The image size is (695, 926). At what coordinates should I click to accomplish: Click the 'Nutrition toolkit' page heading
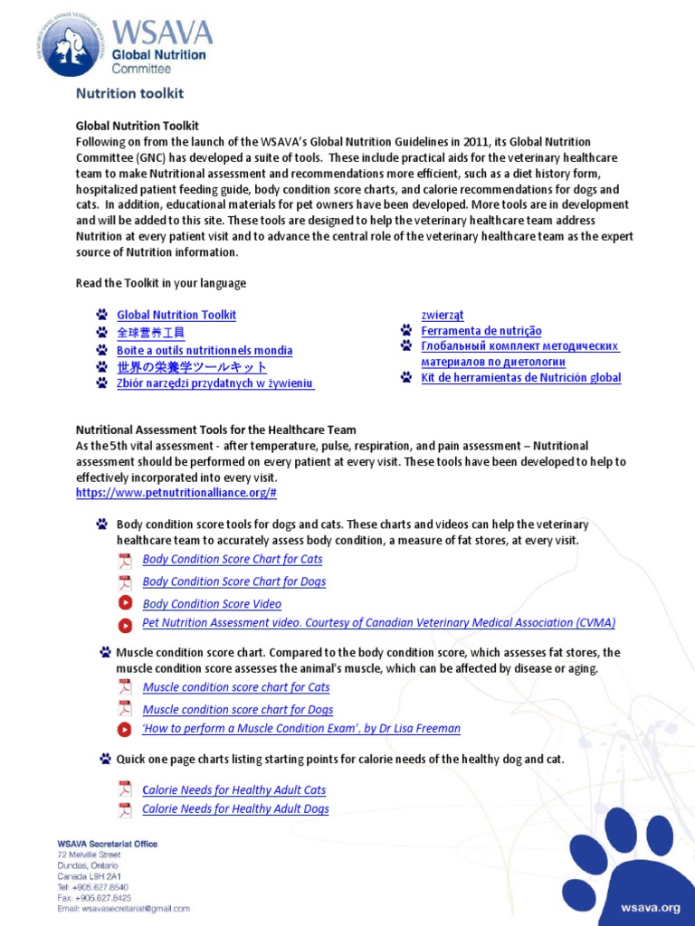(x=129, y=93)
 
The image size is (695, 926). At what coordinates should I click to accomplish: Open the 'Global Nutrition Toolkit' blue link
(x=176, y=315)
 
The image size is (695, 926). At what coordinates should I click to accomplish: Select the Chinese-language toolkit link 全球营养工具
(x=150, y=333)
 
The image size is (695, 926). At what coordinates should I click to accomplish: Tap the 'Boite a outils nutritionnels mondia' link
(x=205, y=350)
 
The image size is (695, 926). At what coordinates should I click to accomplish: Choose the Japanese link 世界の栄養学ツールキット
(x=192, y=367)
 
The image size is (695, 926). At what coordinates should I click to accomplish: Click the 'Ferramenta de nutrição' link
(x=481, y=331)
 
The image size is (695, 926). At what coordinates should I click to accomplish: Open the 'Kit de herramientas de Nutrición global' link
(x=521, y=377)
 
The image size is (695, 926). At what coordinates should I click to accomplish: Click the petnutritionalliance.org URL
(x=176, y=493)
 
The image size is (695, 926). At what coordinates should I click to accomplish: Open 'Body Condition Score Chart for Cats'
(x=233, y=559)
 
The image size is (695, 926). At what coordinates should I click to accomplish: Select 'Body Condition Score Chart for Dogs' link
(x=234, y=581)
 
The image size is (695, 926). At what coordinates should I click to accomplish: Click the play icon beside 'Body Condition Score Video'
(x=125, y=603)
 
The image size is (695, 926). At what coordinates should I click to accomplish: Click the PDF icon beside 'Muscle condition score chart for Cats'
(x=125, y=686)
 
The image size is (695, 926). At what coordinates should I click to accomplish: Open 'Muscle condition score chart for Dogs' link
(x=238, y=710)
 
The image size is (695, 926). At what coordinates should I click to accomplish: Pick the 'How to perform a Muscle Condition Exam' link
(x=301, y=728)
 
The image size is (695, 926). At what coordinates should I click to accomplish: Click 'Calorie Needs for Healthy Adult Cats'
(x=234, y=789)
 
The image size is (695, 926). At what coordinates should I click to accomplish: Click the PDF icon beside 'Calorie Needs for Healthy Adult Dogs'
(x=125, y=808)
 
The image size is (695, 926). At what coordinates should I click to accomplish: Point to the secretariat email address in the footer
(x=124, y=908)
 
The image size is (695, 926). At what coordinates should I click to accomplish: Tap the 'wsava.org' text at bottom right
(x=650, y=906)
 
